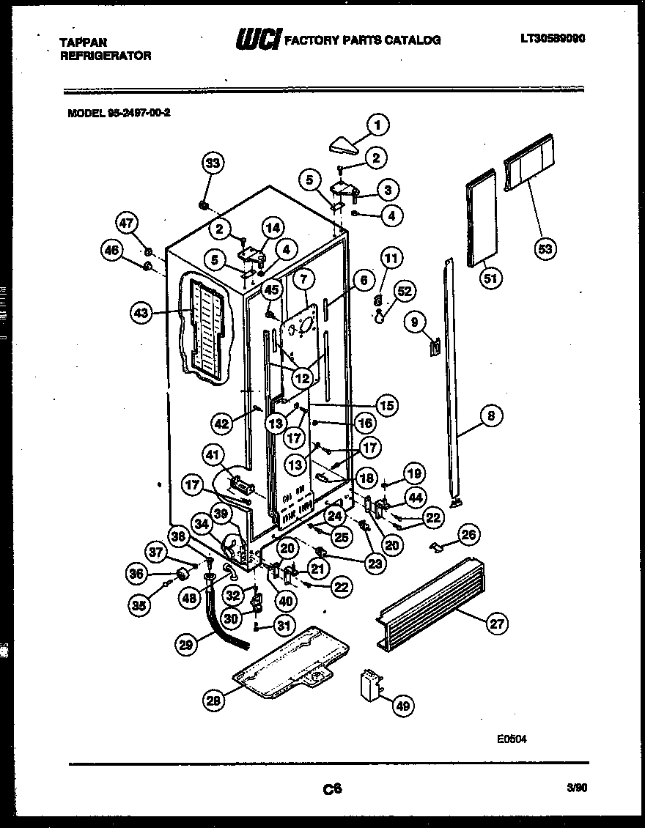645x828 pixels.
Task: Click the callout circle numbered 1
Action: pyautogui.click(x=377, y=125)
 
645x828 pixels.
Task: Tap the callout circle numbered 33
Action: pyautogui.click(x=213, y=164)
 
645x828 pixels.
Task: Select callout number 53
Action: pyautogui.click(x=545, y=249)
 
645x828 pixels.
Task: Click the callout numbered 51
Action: pyautogui.click(x=491, y=278)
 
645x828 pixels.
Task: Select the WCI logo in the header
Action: pyautogui.click(x=257, y=40)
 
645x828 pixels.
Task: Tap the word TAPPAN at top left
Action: pyautogui.click(x=81, y=42)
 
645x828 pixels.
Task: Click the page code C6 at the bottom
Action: pyautogui.click(x=332, y=789)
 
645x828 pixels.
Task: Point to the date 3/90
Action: pyautogui.click(x=577, y=788)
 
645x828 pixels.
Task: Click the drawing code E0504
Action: pyautogui.click(x=511, y=739)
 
